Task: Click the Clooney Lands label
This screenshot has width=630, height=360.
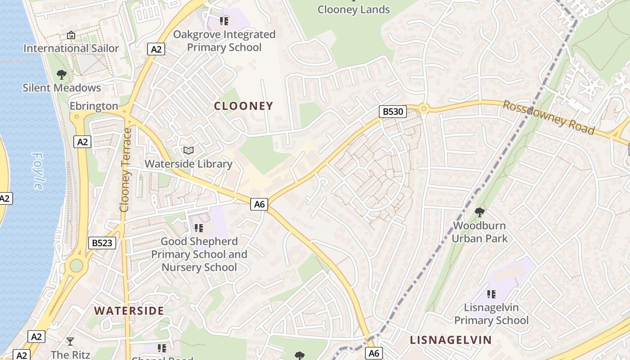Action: point(354,9)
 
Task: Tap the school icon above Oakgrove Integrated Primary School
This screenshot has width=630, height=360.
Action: point(224,21)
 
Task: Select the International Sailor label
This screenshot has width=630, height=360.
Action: point(71,48)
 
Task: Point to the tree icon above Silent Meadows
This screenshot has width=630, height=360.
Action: point(62,75)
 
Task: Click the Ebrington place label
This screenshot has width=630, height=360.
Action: point(94,106)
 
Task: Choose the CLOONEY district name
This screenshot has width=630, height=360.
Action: point(243,106)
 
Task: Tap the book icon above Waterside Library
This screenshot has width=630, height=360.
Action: point(189,151)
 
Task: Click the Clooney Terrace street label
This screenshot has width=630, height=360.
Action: point(125,170)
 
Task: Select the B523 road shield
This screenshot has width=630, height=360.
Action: point(102,243)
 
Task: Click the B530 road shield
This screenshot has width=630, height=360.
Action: point(393,112)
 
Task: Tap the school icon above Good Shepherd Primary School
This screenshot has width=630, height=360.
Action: point(199,229)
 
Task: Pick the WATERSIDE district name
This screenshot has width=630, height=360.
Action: point(129,310)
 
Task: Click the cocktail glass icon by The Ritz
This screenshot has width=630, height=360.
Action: point(70,341)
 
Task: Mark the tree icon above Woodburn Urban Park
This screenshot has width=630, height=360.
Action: point(479,212)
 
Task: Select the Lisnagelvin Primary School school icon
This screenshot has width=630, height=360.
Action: point(491,294)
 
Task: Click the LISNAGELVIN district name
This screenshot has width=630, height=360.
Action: point(450,340)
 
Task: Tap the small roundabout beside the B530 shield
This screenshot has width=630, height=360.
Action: point(423,108)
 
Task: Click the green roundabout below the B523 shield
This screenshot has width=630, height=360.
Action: point(76,266)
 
